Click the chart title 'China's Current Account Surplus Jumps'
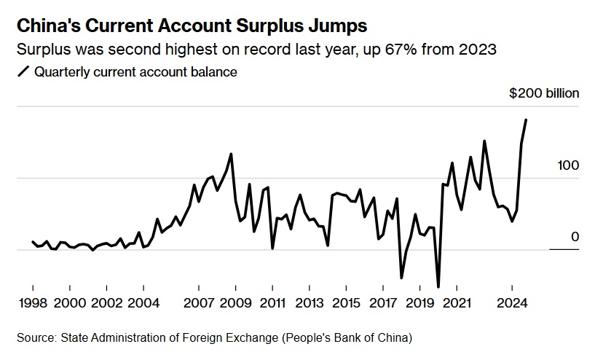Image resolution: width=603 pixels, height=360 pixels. (191, 26)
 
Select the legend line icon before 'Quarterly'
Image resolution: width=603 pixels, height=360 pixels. (22, 71)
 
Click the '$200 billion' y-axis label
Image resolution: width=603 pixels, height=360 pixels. (544, 93)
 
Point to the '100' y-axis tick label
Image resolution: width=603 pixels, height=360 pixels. (567, 165)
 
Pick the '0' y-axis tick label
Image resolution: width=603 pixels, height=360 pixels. (575, 237)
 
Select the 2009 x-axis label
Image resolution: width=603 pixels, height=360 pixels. (235, 303)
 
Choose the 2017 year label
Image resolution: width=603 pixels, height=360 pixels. (383, 303)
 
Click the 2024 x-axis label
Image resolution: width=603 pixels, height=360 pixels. (512, 303)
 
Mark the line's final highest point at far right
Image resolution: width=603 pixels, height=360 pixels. (527, 120)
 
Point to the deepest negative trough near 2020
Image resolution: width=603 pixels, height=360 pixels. (438, 286)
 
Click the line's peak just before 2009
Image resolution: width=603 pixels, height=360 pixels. (231, 154)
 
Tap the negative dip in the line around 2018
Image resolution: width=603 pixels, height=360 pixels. (401, 278)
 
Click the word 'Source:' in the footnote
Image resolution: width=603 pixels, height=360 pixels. (36, 337)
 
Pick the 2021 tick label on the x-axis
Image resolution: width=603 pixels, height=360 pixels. (457, 303)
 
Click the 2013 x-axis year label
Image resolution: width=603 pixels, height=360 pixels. (309, 303)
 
